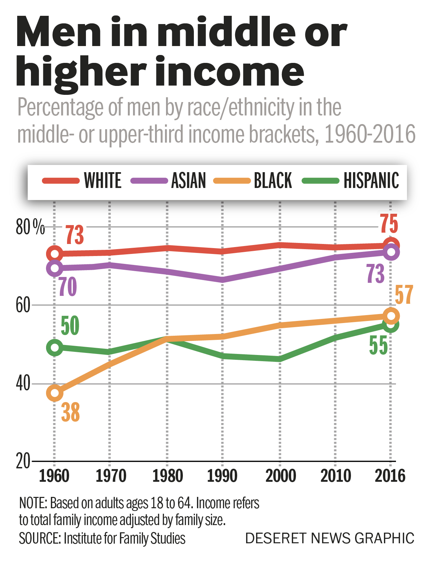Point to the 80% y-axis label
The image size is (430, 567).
click(x=30, y=227)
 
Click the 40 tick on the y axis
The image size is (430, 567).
click(x=23, y=383)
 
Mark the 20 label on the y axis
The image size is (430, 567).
click(x=23, y=462)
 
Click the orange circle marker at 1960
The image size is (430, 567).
click(x=55, y=393)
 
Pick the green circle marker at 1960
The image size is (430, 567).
click(x=55, y=347)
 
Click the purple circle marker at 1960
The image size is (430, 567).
click(x=55, y=268)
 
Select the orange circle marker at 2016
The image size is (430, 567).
click(x=391, y=316)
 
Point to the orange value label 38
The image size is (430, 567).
click(x=70, y=413)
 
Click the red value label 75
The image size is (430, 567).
click(x=389, y=224)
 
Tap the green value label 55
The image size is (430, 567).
click(x=378, y=345)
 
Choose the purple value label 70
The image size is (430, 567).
click(x=67, y=287)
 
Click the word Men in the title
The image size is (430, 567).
click(x=58, y=33)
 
